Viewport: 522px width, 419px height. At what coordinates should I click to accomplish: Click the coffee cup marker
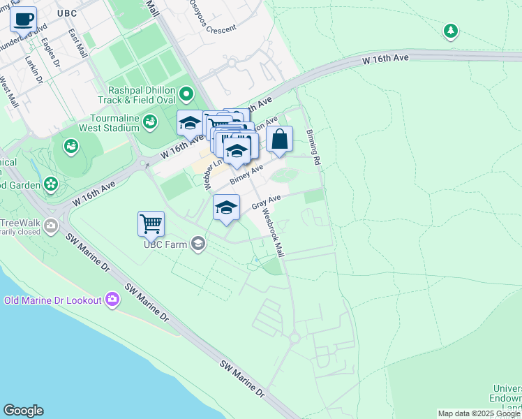click(24, 19)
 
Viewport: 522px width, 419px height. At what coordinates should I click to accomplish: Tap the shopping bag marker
click(279, 139)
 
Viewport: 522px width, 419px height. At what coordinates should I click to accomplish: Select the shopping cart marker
click(151, 224)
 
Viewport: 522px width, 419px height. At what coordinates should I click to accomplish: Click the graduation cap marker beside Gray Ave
click(226, 208)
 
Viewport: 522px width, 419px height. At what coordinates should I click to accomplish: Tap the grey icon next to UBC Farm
click(198, 243)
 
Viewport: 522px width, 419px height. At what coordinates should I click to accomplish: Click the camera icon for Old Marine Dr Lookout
click(112, 300)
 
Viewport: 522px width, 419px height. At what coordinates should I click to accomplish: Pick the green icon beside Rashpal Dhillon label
click(186, 93)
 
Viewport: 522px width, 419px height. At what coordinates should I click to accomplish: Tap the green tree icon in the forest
click(451, 31)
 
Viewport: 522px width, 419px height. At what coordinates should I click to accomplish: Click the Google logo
click(23, 411)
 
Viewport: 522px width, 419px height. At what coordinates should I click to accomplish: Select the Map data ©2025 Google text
click(479, 413)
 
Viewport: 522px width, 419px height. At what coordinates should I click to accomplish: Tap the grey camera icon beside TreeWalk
click(50, 225)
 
